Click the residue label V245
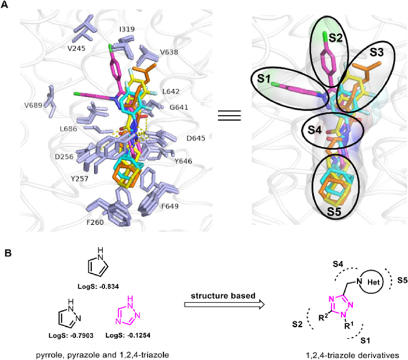click(77, 49)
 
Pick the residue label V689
click(34, 105)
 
